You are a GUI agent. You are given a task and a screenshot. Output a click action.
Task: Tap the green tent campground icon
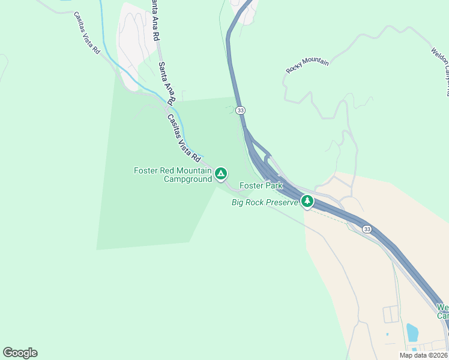tap(221, 175)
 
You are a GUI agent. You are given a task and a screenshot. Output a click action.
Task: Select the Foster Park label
tap(261, 186)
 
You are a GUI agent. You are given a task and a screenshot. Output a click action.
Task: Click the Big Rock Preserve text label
tap(265, 202)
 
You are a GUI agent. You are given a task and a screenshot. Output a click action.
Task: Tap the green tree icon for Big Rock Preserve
tap(307, 201)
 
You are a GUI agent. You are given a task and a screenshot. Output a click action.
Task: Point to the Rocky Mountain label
tap(307, 65)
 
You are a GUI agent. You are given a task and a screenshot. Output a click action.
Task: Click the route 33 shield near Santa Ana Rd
tap(241, 110)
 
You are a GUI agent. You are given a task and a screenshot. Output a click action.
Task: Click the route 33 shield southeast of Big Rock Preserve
tap(366, 229)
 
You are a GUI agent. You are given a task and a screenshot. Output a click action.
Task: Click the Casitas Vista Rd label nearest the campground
tap(184, 139)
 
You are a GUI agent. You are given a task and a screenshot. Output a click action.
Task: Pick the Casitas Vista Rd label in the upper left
tap(87, 41)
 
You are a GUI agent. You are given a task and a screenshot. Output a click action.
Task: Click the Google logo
tap(20, 353)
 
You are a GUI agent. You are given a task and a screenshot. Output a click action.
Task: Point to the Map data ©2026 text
tap(424, 355)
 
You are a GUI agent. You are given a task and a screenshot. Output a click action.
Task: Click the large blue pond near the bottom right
tap(412, 331)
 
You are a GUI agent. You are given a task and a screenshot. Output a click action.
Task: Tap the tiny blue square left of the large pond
tap(388, 334)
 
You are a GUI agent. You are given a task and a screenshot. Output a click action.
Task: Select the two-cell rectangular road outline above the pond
tap(391, 313)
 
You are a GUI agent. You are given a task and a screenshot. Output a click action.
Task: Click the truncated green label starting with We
tap(442, 311)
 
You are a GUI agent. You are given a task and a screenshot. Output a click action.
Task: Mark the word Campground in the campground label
tap(188, 179)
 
